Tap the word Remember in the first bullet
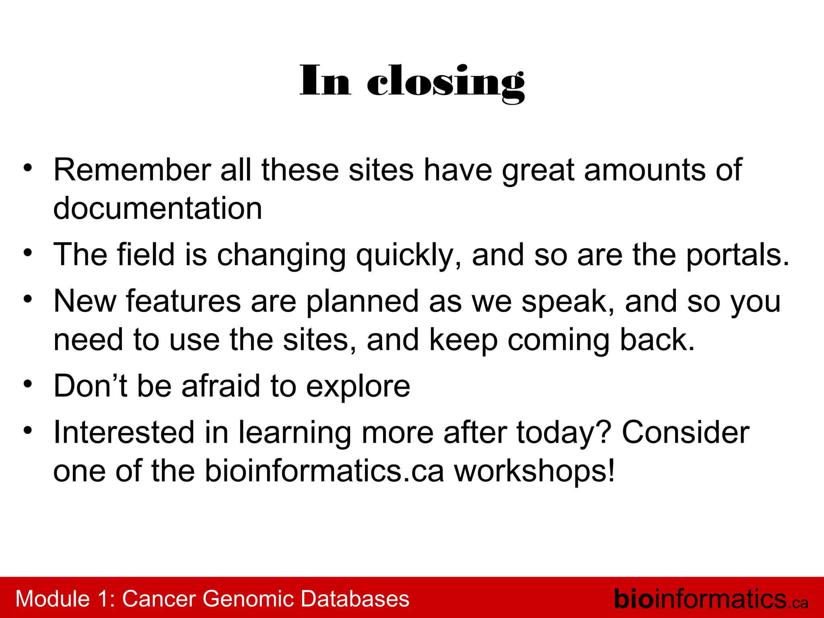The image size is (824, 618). click(132, 170)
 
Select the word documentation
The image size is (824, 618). click(158, 208)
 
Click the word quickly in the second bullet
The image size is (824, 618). click(409, 256)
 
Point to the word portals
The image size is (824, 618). click(737, 256)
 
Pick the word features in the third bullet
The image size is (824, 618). click(183, 301)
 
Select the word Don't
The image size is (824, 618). click(91, 386)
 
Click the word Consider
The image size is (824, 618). click(686, 433)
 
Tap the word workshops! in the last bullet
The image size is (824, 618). click(535, 472)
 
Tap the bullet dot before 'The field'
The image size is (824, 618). click(27, 253)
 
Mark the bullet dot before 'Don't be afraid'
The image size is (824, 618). click(27, 384)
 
